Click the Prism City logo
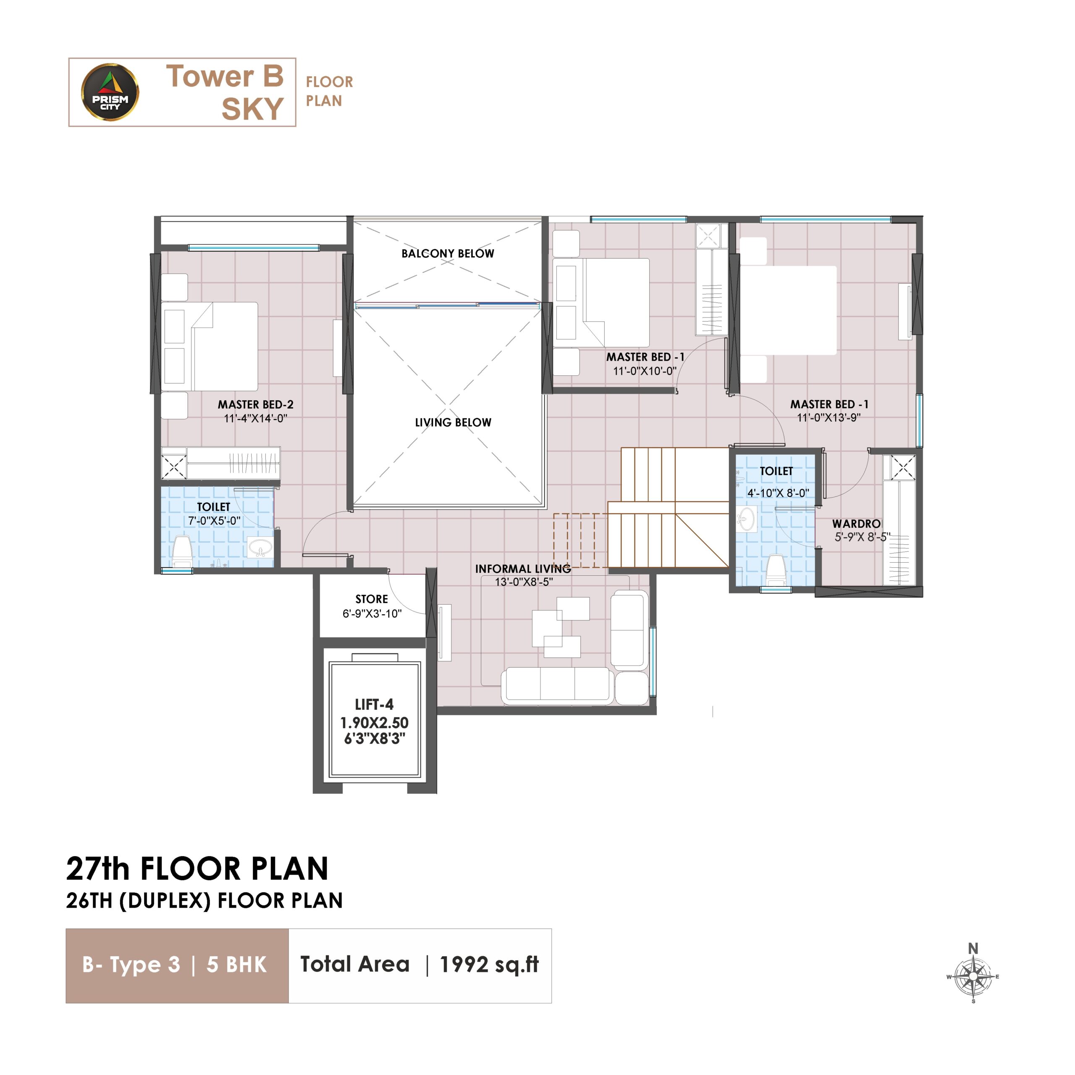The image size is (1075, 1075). pos(110,92)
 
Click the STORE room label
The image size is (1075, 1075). pos(372,599)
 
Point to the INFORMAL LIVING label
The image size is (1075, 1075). pos(523,569)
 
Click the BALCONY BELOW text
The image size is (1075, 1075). pos(448,253)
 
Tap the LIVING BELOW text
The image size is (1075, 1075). pos(453,422)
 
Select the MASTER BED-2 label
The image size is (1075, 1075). pos(255,404)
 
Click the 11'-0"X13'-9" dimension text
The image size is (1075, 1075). pos(829,418)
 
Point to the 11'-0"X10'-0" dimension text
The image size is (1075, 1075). pos(645,370)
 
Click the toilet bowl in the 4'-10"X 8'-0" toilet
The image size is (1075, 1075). pos(776,569)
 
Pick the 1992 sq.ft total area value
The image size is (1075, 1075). pos(489,965)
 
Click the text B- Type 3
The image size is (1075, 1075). pos(131,965)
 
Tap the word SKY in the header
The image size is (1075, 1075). pos(253,108)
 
